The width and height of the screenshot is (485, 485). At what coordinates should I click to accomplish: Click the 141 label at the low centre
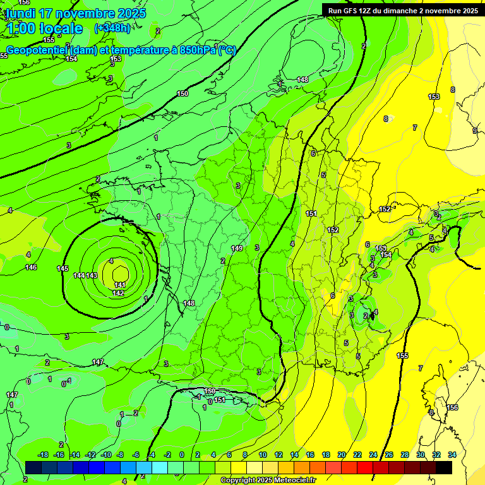120,285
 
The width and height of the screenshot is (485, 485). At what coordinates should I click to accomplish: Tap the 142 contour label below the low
118,294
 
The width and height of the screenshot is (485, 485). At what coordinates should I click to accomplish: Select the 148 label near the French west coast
189,304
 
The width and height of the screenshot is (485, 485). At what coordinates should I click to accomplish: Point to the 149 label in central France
237,248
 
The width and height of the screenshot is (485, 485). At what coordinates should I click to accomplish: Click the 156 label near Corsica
452,407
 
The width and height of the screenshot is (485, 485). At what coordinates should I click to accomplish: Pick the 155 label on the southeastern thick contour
402,356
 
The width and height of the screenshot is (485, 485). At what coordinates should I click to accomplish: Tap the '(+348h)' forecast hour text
112,28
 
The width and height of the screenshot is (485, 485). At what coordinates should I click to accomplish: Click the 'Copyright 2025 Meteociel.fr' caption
268,481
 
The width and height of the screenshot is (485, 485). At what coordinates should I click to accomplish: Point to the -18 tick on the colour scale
44,455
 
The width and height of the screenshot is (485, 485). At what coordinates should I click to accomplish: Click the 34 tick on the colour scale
452,455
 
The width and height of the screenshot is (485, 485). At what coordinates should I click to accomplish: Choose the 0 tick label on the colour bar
182,455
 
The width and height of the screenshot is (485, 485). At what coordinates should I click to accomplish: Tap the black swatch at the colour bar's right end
445,467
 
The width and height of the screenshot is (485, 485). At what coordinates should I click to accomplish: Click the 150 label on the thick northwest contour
183,93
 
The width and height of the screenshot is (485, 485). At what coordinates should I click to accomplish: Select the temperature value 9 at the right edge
474,131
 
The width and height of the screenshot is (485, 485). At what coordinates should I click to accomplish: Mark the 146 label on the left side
31,268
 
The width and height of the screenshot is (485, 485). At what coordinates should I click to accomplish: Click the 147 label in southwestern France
98,362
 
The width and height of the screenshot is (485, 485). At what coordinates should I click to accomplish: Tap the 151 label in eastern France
311,214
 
